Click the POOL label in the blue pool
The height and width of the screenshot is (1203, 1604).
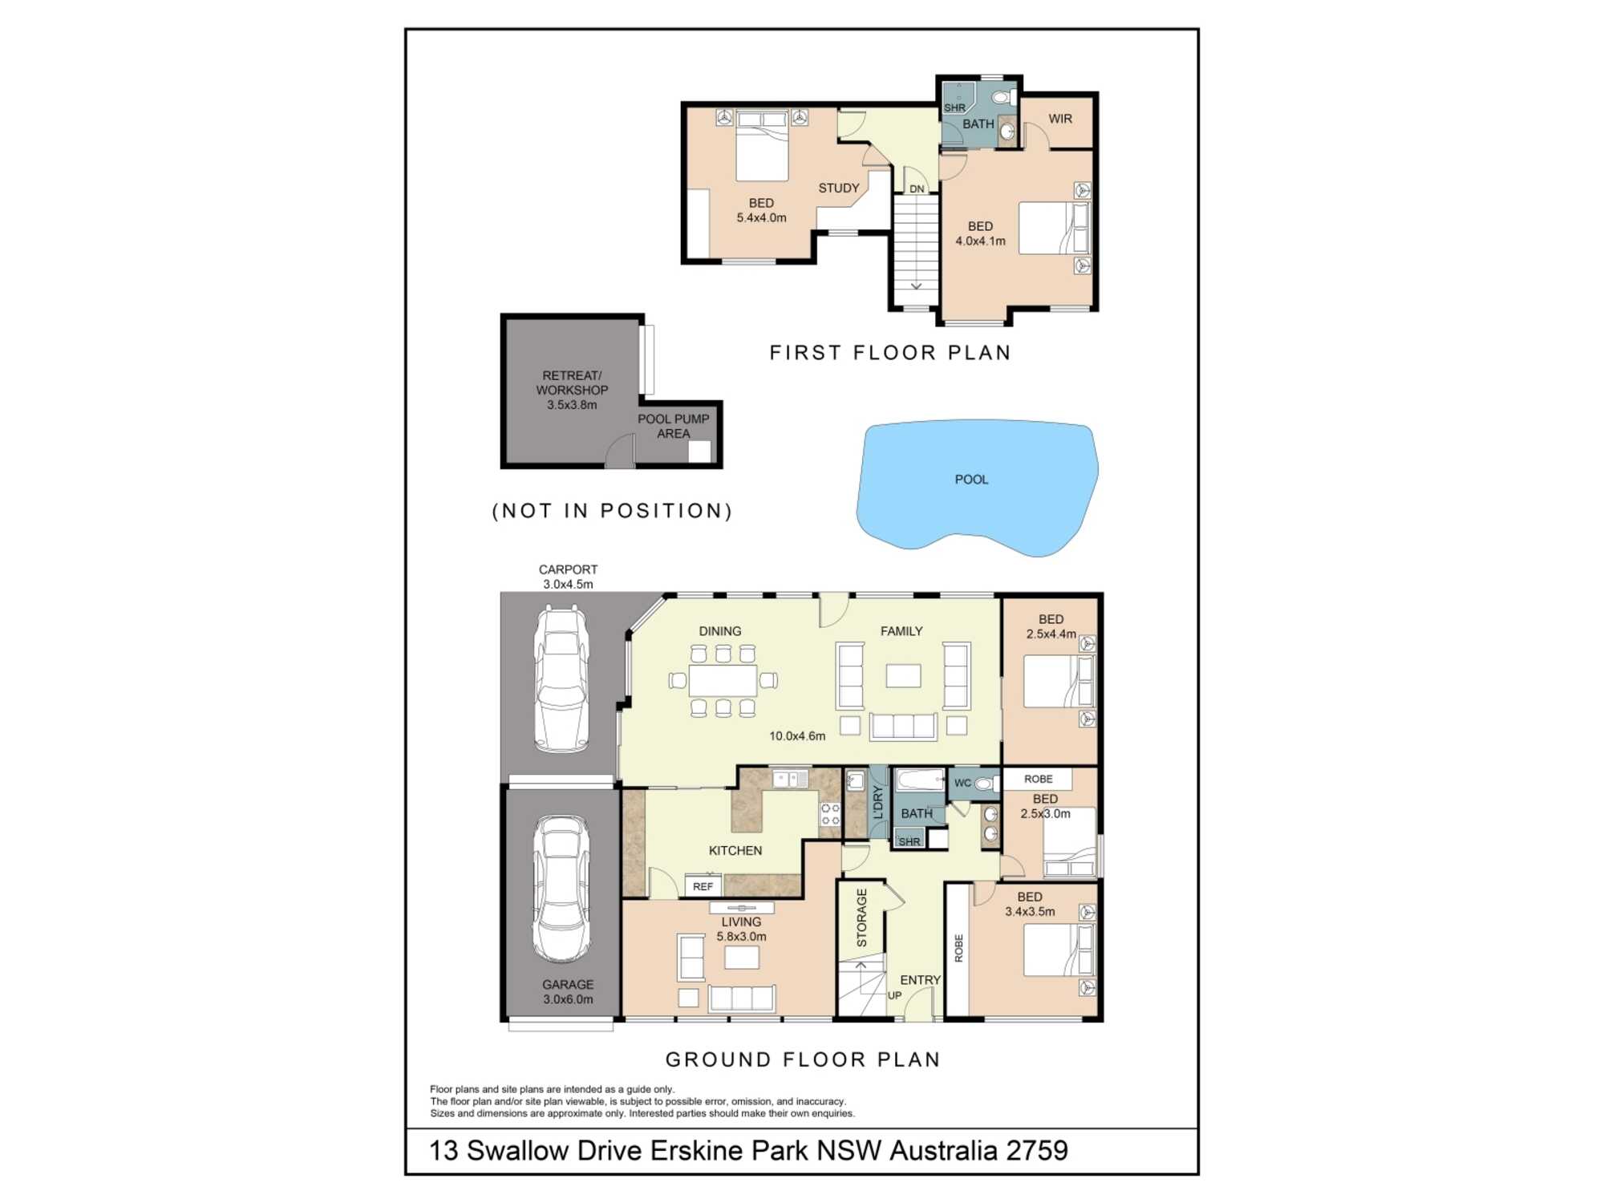971,480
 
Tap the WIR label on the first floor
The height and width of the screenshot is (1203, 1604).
1060,119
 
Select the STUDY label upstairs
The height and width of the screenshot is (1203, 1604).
839,188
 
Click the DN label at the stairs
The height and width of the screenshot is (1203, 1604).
917,189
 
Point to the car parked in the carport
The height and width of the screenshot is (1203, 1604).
561,679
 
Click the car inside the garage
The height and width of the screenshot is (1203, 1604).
561,889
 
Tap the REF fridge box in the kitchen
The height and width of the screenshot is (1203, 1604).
703,886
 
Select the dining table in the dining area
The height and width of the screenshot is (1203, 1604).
723,681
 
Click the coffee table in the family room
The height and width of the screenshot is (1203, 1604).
903,675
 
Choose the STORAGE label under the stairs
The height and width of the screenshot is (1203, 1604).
862,917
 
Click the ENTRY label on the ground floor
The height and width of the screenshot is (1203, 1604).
920,980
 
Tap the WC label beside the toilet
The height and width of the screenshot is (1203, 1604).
962,783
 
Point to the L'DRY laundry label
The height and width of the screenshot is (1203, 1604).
877,802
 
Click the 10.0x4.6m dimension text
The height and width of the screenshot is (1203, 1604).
797,736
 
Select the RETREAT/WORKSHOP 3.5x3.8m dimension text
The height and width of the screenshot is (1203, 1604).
572,405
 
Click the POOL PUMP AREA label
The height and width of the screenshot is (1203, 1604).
674,426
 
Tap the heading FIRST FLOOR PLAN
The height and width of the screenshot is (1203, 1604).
890,353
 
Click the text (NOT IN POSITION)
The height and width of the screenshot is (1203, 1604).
612,511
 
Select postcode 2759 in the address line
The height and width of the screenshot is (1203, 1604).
1037,1151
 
